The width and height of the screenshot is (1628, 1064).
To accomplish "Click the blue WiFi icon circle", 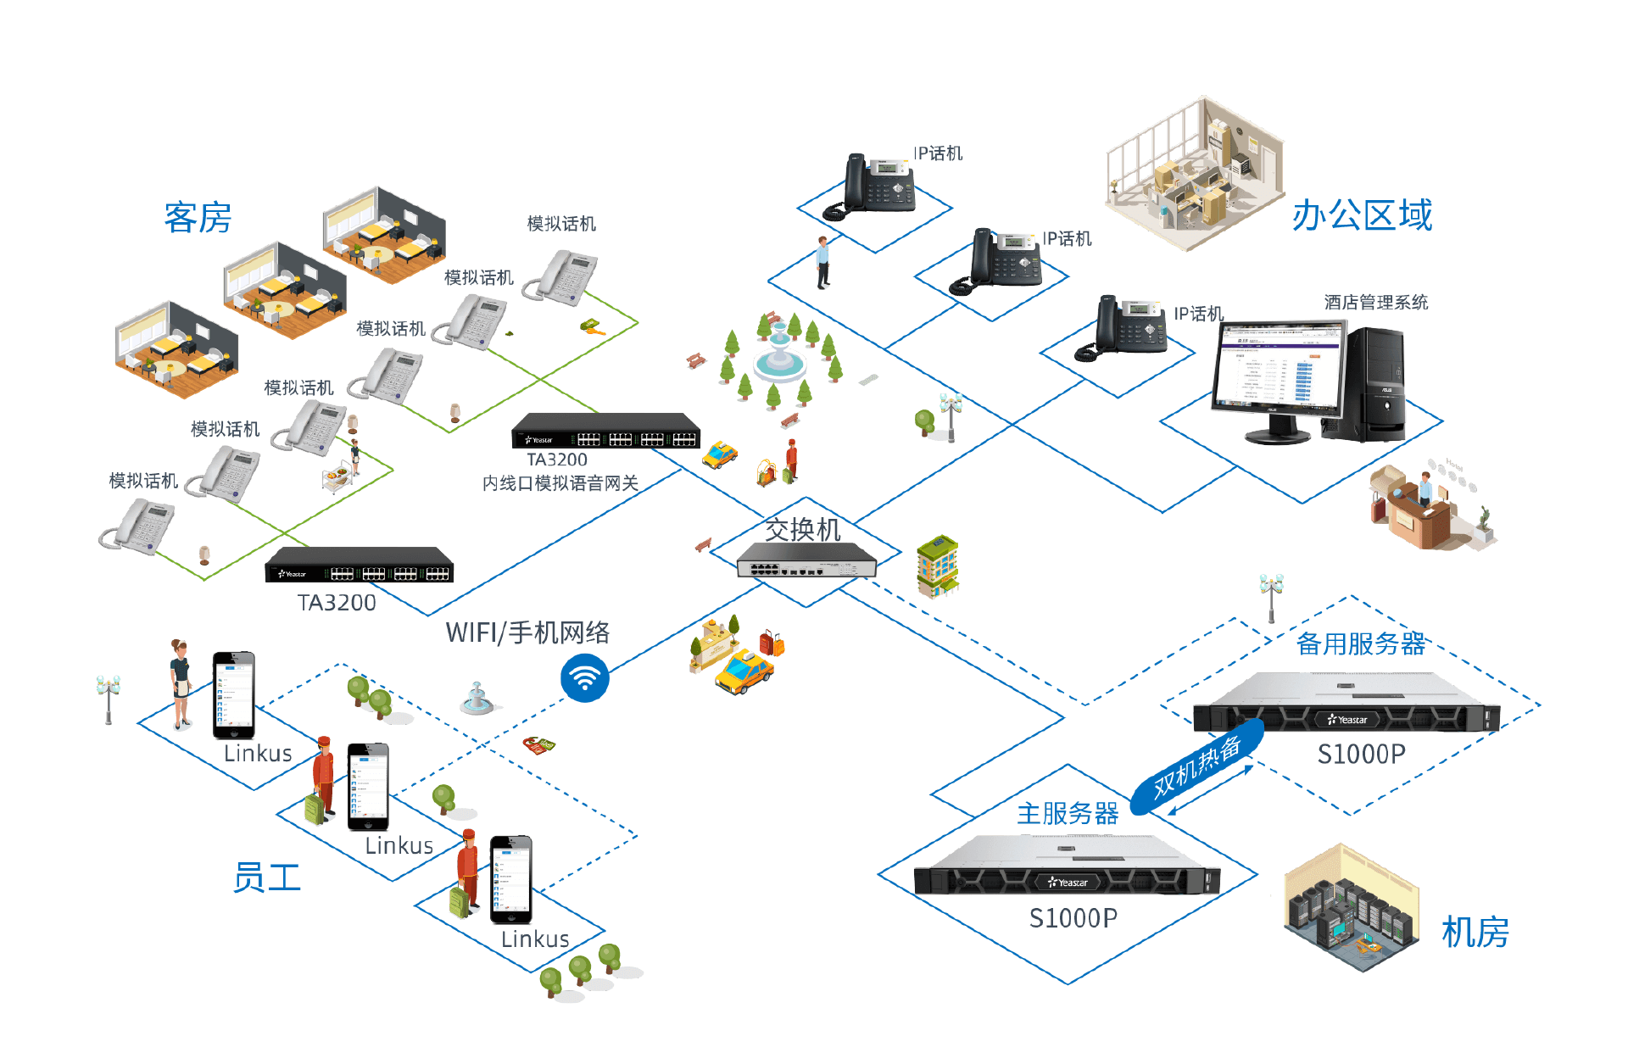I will pos(584,677).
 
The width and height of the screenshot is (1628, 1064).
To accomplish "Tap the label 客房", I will pos(198,218).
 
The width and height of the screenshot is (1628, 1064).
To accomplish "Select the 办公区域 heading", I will pos(1362,215).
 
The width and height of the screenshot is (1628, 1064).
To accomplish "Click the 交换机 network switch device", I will pos(806,562).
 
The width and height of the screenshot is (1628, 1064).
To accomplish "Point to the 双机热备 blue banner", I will pos(1197,767).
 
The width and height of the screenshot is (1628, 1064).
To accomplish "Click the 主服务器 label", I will pos(1067,814).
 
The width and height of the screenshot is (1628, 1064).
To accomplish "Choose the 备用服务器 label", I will pos(1360,643).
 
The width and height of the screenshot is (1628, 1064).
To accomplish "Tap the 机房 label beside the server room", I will pos(1475,933).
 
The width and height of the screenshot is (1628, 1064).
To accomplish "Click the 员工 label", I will pos(267,877).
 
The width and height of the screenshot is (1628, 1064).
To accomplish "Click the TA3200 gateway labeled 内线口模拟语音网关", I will pos(606,430).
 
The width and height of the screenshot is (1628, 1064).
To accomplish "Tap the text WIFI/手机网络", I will pos(527,632).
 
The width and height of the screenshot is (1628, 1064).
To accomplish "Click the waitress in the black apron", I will pos(180,683).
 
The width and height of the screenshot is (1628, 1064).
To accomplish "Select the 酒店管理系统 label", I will pos(1375,303).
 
